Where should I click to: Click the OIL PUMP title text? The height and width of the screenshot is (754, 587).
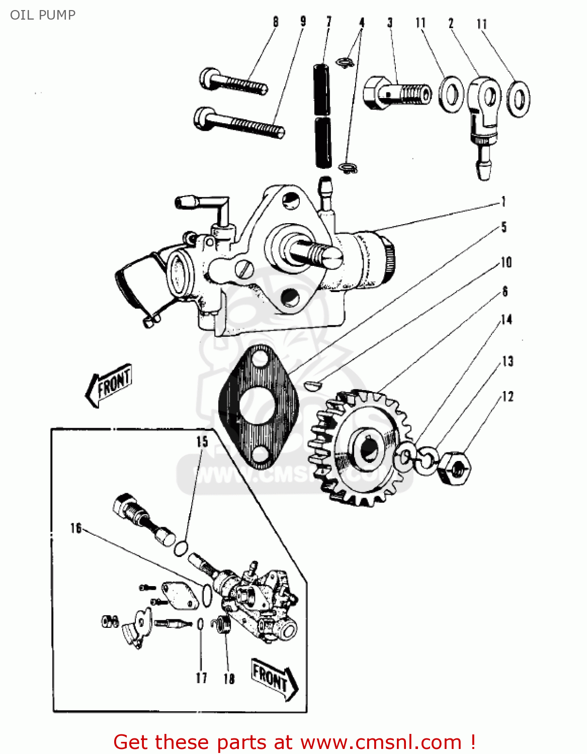[x=43, y=15]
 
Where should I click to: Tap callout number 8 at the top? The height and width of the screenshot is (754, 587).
[x=276, y=22]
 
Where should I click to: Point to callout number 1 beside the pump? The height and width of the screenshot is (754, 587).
[x=503, y=202]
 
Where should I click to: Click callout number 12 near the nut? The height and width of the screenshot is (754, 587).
[x=508, y=397]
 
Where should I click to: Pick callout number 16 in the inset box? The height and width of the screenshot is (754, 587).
[x=76, y=528]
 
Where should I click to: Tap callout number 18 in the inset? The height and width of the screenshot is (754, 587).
[x=229, y=679]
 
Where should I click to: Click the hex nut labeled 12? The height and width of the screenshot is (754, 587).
[x=454, y=468]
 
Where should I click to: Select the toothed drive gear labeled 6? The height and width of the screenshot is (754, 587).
[x=360, y=447]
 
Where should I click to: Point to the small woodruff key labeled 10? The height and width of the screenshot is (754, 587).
[x=312, y=385]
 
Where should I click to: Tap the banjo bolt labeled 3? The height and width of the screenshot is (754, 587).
[x=397, y=93]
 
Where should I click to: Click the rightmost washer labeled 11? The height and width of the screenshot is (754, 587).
[x=519, y=99]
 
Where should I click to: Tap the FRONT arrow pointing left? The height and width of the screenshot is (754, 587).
[x=109, y=385]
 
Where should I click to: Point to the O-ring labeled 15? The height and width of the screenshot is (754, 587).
[x=181, y=548]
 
